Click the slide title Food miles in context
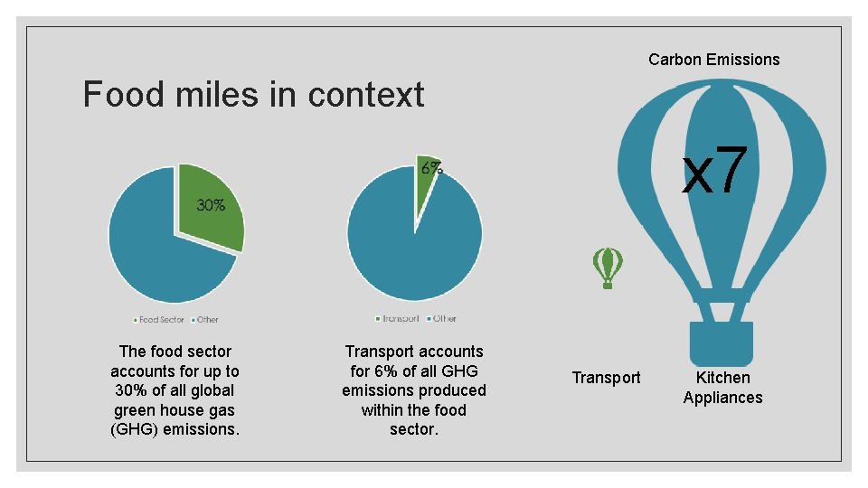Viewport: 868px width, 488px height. pos(253,94)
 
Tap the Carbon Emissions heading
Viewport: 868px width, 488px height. pos(713,60)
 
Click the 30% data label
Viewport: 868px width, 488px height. pos(211,205)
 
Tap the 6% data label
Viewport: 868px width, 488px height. pos(431,167)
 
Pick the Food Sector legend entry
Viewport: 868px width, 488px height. pos(160,319)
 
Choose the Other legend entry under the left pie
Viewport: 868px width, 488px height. pos(205,319)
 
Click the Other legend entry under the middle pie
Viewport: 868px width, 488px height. pos(443,318)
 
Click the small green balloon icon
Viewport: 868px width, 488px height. pos(608,267)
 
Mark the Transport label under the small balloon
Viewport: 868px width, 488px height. pos(606,378)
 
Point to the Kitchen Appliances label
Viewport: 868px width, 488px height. pos(722,388)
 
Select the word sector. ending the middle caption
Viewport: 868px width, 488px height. pos(414,430)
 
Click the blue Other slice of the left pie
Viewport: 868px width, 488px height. pos(154,253)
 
